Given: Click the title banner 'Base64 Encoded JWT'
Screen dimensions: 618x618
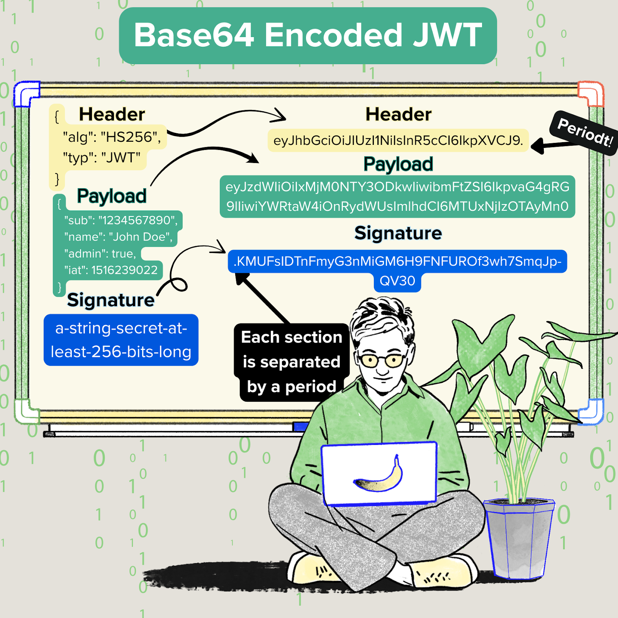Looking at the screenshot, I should pos(308,36).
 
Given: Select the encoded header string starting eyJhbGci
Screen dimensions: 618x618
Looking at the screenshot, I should pos(398,141).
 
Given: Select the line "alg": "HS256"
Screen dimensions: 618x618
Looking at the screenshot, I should pos(112,137).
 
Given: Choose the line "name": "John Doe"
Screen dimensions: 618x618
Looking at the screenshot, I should pos(118,237).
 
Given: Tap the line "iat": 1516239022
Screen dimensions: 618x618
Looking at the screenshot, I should pos(111,270).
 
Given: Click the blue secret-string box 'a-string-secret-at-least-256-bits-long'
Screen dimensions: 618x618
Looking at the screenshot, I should pos(121,340).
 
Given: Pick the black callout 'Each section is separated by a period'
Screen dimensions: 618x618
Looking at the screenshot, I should pos(292,362).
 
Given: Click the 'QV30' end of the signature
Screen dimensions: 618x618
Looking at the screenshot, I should pos(397,281).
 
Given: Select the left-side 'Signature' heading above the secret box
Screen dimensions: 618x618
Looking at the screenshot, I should pos(111,300).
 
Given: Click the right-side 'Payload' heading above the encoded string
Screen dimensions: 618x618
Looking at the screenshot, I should pos(398,164).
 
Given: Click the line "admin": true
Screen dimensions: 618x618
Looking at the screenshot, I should pos(100,254).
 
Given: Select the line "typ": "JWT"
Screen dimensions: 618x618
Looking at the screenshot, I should pos(102,158).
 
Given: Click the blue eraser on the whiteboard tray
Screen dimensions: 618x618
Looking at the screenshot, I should pos(300,426).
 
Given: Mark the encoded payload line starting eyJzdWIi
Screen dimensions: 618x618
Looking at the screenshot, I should pos(397,187).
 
